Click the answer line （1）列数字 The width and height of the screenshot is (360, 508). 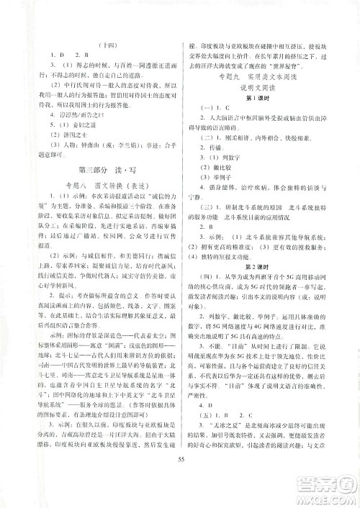click(x=221, y=173)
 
